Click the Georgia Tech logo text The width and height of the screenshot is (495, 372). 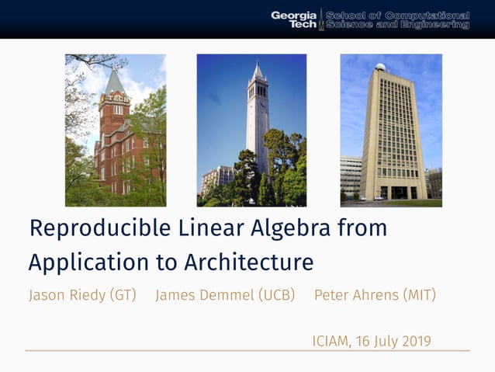pyautogui.click(x=293, y=19)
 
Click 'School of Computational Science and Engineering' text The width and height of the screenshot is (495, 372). pyautogui.click(x=397, y=19)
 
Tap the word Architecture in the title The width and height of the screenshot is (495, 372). pyautogui.click(x=248, y=262)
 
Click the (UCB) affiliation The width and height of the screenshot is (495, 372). pyautogui.click(x=277, y=295)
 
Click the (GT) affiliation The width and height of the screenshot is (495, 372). pyautogui.click(x=123, y=295)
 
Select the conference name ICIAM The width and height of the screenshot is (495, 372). pyautogui.click(x=331, y=341)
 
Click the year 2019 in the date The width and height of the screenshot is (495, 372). pyautogui.click(x=414, y=341)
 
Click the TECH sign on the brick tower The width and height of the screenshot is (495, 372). pyautogui.click(x=117, y=99)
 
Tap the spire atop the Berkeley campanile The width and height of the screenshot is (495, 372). pyautogui.click(x=257, y=69)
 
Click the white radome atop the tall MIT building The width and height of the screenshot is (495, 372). pyautogui.click(x=380, y=67)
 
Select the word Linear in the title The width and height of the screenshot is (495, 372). pyautogui.click(x=184, y=229)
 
